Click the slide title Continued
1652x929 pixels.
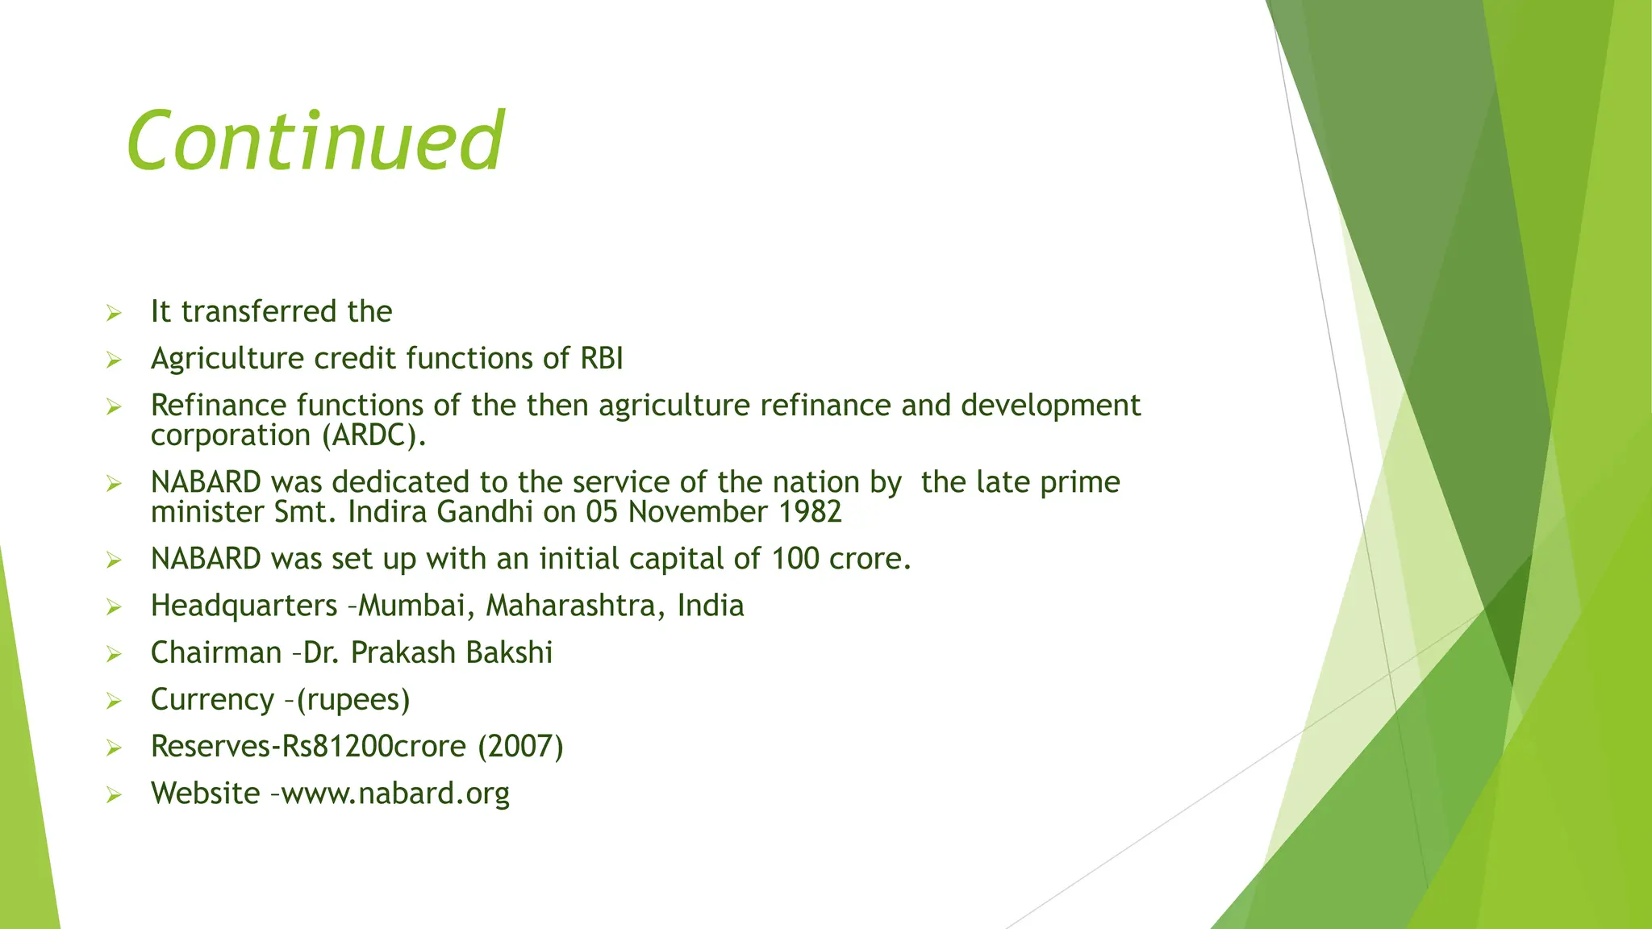pos(315,141)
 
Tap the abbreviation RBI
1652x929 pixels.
pos(602,359)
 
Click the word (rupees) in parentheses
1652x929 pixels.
pos(353,699)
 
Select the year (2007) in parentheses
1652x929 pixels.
pos(520,746)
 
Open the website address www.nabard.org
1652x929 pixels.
pos(395,794)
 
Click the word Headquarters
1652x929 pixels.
pos(244,606)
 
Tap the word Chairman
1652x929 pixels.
pos(216,652)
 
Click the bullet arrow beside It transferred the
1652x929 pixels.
pos(114,313)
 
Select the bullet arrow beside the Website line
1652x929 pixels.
pos(114,795)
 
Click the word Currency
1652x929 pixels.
pos(212,699)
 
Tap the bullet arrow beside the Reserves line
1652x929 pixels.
pos(114,748)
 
